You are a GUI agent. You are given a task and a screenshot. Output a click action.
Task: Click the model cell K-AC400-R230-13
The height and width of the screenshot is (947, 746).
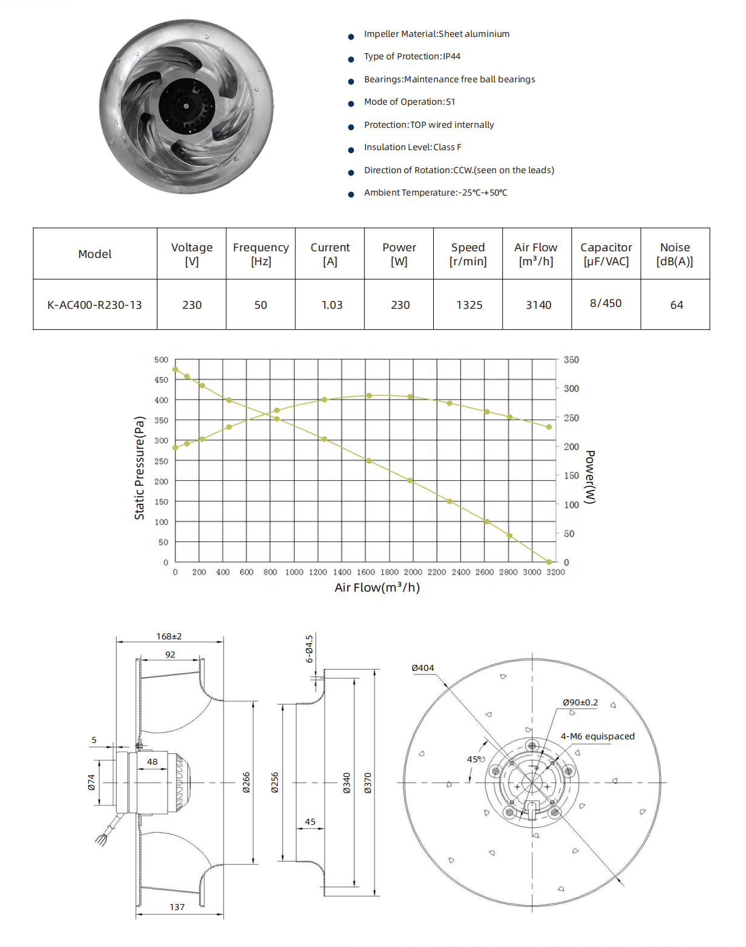coord(94,305)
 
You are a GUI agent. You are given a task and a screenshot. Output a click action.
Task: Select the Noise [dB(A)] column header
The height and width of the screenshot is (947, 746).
coord(675,254)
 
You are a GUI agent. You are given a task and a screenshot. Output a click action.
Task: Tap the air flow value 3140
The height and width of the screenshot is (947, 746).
coord(538,305)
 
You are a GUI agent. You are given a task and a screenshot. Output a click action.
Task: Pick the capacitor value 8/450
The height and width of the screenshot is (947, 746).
coord(606,303)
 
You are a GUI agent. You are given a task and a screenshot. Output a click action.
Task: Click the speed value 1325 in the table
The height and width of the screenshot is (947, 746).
coord(469,305)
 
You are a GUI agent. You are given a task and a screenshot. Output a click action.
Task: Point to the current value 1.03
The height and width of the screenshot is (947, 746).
coord(332,305)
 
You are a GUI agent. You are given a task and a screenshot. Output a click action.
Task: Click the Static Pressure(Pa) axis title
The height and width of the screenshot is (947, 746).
coord(140,467)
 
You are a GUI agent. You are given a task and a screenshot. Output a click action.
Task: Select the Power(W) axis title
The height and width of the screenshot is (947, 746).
coord(590,477)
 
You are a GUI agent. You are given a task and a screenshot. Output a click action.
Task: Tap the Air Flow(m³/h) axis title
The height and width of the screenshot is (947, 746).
coord(377,587)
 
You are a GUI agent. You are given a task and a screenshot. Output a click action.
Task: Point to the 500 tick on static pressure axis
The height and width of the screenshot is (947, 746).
coord(161,360)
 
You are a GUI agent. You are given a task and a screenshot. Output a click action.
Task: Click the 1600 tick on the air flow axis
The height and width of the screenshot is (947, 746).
coord(365,572)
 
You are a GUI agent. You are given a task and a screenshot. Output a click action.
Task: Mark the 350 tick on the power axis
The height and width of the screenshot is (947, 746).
coord(571,360)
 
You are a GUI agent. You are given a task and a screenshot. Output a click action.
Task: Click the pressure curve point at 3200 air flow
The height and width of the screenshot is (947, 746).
coord(549,562)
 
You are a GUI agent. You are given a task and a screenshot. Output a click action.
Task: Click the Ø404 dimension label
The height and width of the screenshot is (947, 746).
coord(422,668)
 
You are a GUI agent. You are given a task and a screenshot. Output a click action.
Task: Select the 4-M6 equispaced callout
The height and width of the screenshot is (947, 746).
coord(597,736)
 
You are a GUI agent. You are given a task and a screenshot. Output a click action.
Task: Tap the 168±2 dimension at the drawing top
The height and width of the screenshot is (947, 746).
coord(169,636)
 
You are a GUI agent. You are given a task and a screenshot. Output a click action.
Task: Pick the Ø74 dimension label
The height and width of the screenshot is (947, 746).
coord(91,782)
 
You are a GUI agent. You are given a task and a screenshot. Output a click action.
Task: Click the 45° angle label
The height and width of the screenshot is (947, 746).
coord(474,759)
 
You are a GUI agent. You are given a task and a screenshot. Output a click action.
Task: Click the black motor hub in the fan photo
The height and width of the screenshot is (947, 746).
coord(186,106)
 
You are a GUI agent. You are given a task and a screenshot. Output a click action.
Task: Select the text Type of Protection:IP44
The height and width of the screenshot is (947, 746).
coord(412,56)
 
